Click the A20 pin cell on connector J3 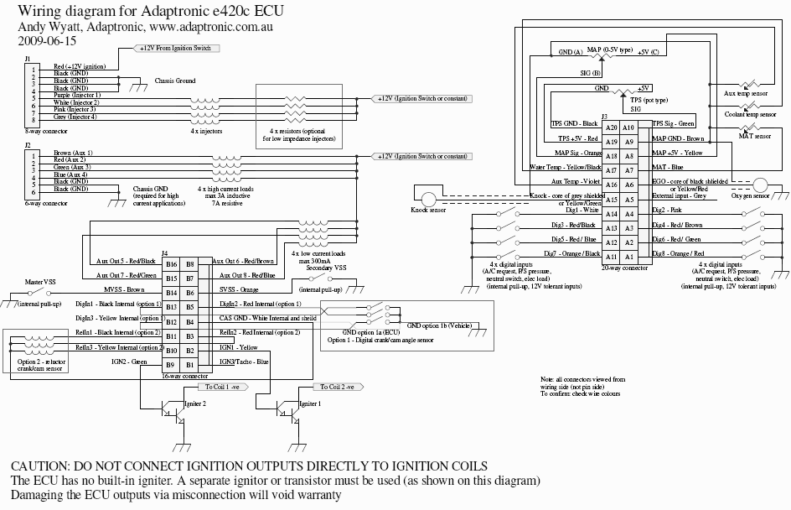(x=611, y=126)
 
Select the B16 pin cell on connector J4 (x=171, y=264)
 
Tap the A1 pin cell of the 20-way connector (x=611, y=257)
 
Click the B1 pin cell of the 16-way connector (x=190, y=364)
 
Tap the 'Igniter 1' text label (x=309, y=403)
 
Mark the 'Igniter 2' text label (x=194, y=403)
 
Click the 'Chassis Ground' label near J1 (x=175, y=82)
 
